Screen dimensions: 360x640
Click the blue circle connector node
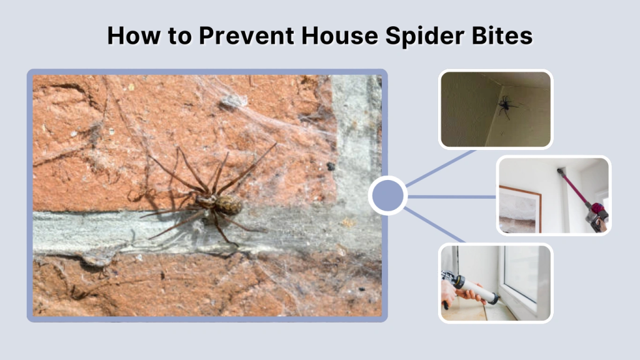click(387, 196)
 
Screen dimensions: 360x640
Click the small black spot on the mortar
click(330, 166)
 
